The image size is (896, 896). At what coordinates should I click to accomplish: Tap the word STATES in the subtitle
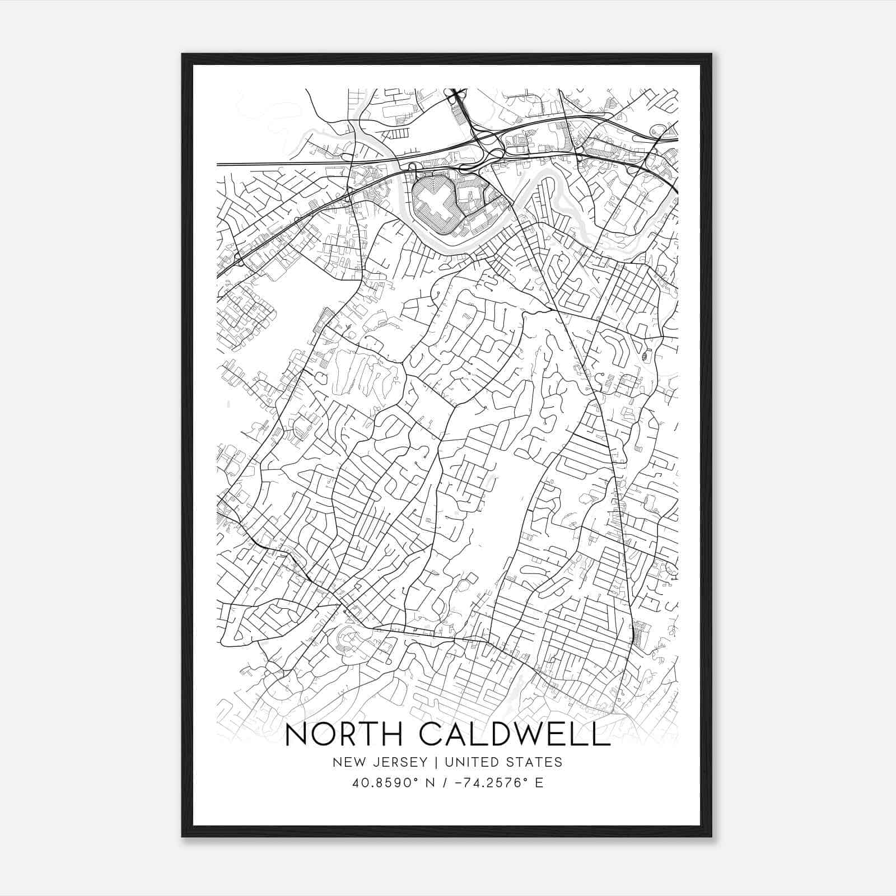[536, 762]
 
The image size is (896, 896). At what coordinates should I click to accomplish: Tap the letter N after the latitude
[430, 782]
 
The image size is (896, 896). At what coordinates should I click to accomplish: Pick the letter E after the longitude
[539, 782]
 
